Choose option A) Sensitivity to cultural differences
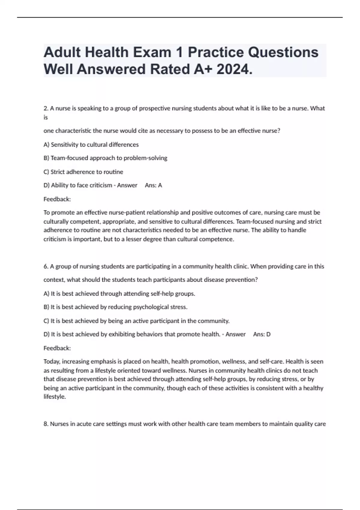click(91, 145)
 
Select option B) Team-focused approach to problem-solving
click(105, 158)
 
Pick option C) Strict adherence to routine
click(83, 172)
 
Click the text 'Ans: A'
click(153, 185)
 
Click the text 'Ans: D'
click(262, 334)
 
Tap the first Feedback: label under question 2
click(57, 199)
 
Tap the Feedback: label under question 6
click(57, 348)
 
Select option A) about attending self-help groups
click(119, 294)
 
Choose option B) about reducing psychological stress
click(115, 307)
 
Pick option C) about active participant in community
click(136, 321)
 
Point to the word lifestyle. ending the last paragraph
click(55, 397)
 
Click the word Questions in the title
click(253, 52)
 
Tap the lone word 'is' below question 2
click(46, 118)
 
